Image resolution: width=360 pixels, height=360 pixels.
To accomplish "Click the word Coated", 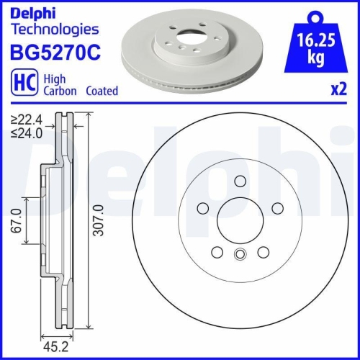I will [x=102, y=91].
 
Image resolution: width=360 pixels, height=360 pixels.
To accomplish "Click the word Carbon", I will [x=63, y=91].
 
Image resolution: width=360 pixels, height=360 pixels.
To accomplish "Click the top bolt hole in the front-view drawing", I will [x=241, y=182].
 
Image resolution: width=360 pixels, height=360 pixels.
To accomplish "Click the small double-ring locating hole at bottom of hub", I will [x=240, y=253].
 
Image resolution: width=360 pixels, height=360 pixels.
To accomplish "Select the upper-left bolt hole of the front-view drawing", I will [x=203, y=208].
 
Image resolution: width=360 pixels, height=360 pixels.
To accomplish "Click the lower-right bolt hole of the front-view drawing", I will [x=264, y=252].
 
